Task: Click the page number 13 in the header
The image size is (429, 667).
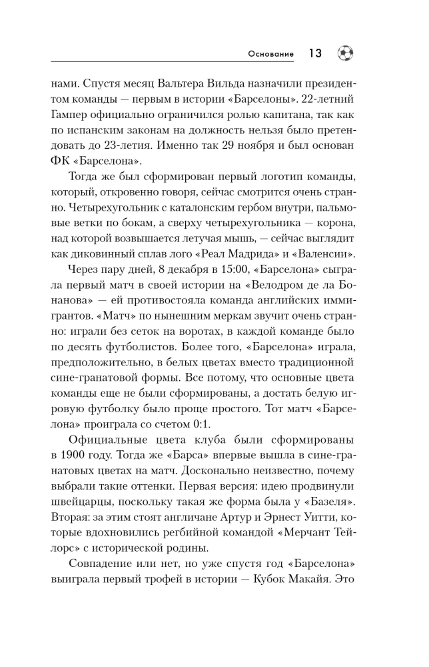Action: click(314, 54)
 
